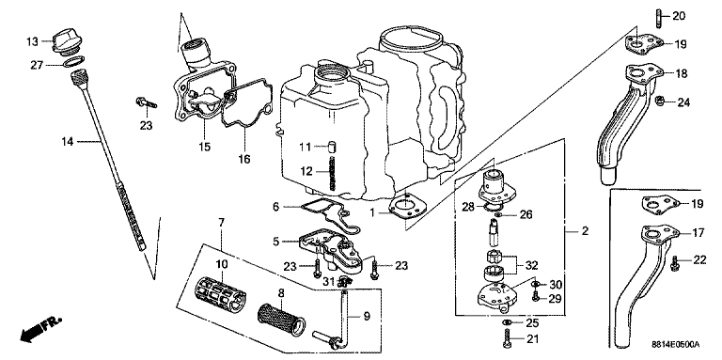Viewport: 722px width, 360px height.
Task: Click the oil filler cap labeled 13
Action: coord(66,40)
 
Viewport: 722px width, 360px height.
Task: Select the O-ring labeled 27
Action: coord(72,62)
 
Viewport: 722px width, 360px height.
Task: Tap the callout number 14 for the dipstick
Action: coord(68,142)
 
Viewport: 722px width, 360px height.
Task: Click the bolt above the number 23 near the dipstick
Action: coord(146,103)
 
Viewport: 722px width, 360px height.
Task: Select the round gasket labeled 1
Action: coord(404,207)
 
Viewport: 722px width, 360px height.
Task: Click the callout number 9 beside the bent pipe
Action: coord(366,316)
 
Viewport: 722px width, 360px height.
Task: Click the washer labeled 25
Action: coord(506,321)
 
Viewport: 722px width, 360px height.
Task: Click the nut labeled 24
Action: coord(659,100)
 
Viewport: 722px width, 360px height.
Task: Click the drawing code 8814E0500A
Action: coord(676,344)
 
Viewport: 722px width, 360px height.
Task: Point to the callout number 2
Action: coord(585,230)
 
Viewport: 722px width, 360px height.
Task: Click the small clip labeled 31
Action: coord(344,281)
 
